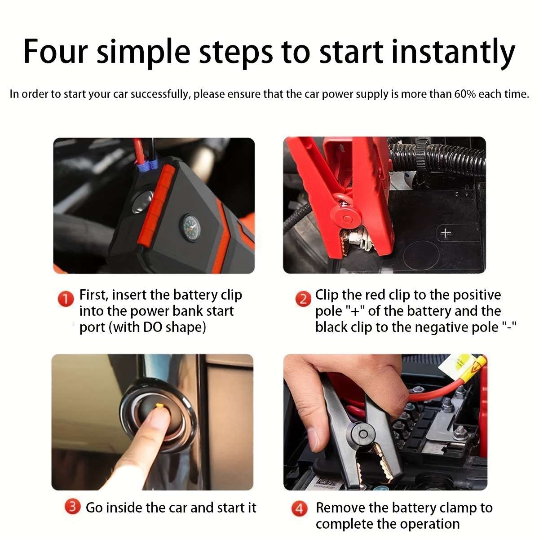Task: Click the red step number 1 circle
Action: point(66,299)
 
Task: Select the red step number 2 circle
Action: point(303,299)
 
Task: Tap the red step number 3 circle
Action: point(72,508)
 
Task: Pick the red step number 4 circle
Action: point(300,509)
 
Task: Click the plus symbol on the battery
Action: point(446,233)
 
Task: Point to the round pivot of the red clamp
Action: point(346,218)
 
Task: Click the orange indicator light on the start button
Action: point(159,406)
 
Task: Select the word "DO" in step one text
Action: point(153,327)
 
